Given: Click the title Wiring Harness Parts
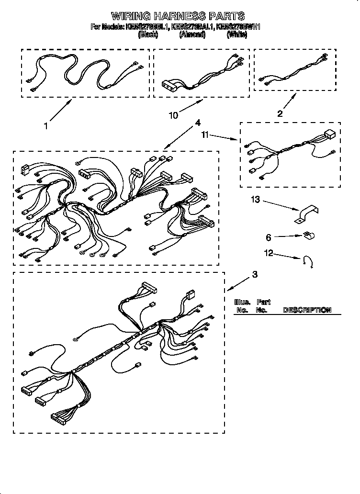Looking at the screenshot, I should [x=178, y=16].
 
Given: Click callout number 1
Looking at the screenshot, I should [x=46, y=126].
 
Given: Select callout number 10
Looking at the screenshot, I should [x=173, y=115].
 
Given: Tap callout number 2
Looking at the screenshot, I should [x=280, y=113].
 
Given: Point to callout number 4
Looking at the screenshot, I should [x=197, y=123].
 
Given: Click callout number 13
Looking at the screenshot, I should [x=256, y=200].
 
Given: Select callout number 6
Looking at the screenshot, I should [x=269, y=237].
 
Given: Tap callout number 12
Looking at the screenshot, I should [x=270, y=253].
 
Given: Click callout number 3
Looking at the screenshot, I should [x=255, y=274].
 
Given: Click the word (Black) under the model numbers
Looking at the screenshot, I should [x=148, y=35].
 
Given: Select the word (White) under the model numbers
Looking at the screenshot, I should [x=236, y=35].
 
